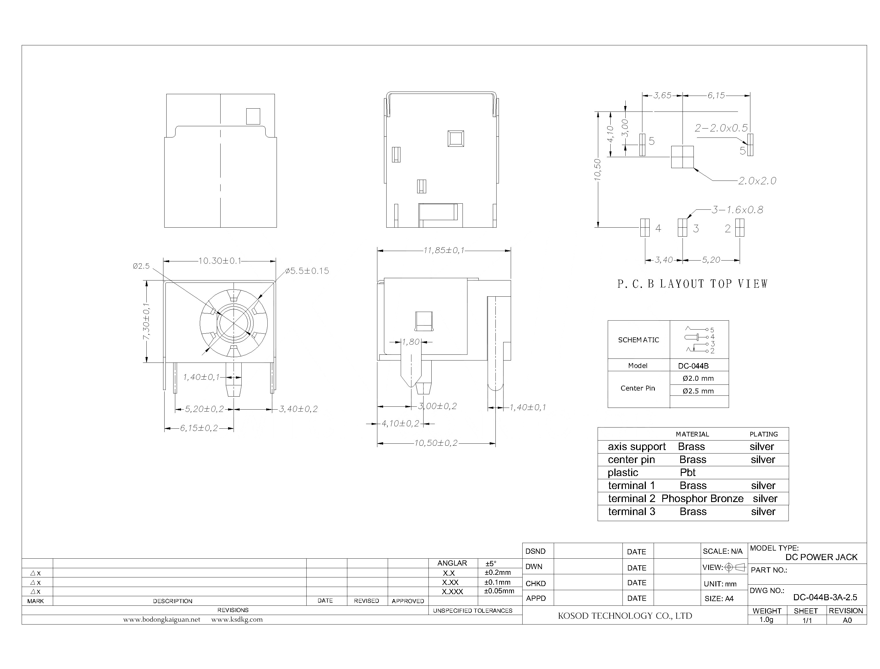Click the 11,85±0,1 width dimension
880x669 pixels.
point(444,250)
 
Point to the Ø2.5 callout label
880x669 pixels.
point(141,266)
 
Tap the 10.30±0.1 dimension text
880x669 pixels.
point(220,261)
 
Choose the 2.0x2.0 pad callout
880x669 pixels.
point(757,181)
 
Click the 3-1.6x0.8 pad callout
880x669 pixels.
point(737,210)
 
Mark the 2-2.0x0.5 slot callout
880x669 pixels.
point(721,128)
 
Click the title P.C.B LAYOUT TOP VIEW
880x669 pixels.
point(693,284)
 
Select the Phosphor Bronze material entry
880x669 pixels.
point(702,499)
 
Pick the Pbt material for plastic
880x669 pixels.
point(688,473)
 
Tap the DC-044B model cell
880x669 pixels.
point(693,366)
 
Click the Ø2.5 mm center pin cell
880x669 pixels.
point(698,391)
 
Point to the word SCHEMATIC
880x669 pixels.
point(638,340)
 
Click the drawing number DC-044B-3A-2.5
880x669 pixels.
point(825,597)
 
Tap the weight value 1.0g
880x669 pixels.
point(766,620)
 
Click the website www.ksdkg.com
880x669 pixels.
point(237,620)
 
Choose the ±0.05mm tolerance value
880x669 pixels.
point(499,591)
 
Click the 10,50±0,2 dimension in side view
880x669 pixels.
point(436,443)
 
